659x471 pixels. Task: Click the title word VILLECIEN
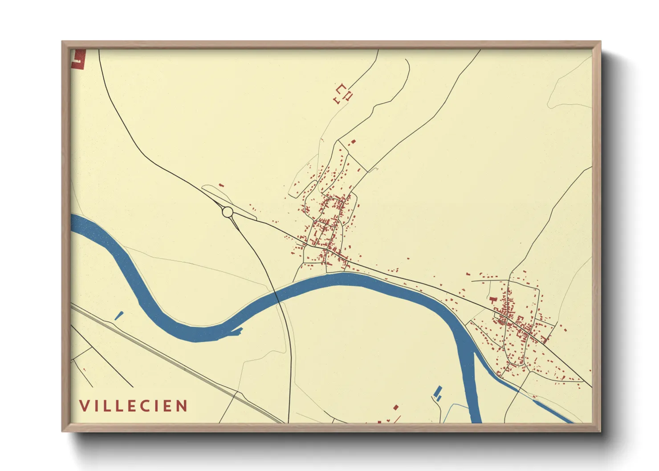click(x=133, y=406)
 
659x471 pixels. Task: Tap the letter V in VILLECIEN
click(x=84, y=406)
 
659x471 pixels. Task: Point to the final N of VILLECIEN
click(x=182, y=406)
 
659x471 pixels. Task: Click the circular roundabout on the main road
click(x=228, y=211)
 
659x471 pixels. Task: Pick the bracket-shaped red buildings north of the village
click(x=343, y=93)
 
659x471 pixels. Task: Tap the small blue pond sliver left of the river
click(x=119, y=315)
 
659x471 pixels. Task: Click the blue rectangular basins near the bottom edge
click(x=438, y=392)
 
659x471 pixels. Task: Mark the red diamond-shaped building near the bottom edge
click(x=395, y=407)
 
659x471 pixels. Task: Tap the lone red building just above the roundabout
click(x=221, y=185)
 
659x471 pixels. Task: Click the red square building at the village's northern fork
click(x=354, y=142)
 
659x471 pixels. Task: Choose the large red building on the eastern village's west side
click(x=492, y=300)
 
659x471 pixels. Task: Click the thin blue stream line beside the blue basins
click(x=454, y=406)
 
